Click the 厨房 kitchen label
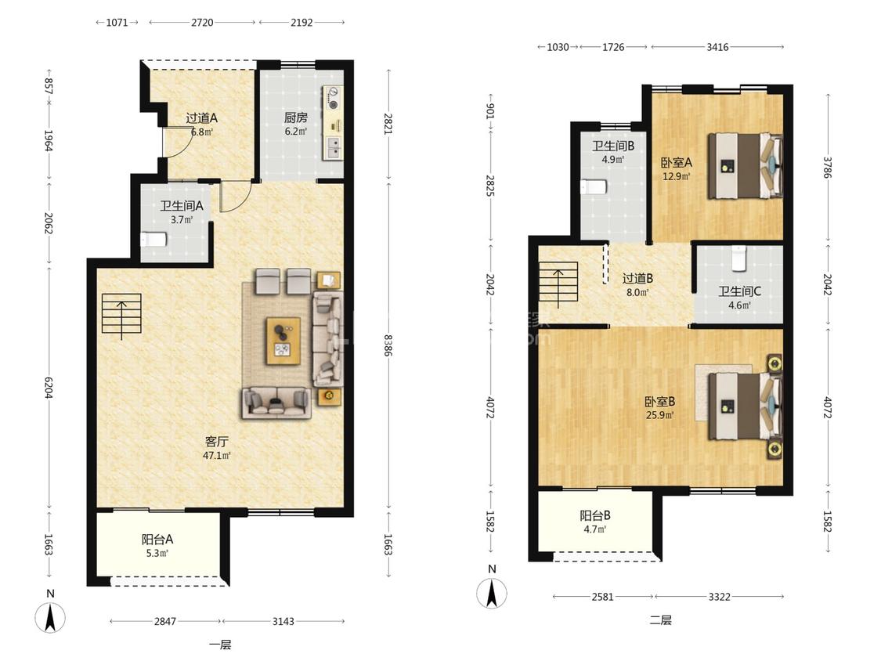point(295,117)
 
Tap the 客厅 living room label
point(216,442)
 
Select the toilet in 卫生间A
point(153,240)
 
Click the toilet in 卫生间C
point(738,258)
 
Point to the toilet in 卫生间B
point(594,186)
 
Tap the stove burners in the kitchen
point(334,98)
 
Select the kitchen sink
point(333,147)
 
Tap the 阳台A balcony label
point(157,540)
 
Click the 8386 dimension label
point(388,345)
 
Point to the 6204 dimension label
point(49,388)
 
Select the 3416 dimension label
point(717,47)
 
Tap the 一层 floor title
point(220,645)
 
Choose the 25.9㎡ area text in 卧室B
point(659,415)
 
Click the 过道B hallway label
point(637,278)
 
